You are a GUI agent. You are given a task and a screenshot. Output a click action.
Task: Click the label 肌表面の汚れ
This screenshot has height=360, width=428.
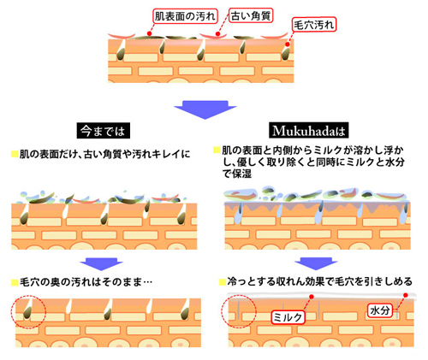click(185, 16)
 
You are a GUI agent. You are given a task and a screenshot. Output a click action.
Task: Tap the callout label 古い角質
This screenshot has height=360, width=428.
click(251, 15)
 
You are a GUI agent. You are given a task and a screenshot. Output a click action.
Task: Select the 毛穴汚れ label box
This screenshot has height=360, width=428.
click(313, 25)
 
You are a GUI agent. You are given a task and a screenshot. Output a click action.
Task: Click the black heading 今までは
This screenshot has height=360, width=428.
click(104, 131)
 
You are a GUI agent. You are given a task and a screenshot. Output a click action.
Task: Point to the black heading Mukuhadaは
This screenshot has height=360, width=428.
click(309, 131)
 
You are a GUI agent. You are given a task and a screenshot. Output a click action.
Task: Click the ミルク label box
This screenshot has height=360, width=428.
click(288, 317)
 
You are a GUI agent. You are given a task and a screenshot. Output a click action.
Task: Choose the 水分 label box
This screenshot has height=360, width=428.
click(380, 310)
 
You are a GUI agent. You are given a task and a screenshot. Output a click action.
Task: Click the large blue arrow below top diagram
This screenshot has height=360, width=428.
click(205, 109)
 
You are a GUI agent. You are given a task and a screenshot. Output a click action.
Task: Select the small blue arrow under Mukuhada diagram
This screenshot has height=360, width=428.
click(316, 263)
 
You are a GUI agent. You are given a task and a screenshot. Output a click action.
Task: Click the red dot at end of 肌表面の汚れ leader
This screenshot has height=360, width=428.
click(149, 33)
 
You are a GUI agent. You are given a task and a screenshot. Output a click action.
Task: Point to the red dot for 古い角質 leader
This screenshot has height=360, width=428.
click(217, 34)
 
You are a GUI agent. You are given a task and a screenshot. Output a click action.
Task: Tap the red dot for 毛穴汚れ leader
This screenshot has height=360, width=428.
click(288, 44)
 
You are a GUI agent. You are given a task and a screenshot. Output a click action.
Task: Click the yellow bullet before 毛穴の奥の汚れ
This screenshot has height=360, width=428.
click(15, 282)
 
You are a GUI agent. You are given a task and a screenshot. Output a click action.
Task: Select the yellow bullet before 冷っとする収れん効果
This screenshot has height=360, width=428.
click(223, 282)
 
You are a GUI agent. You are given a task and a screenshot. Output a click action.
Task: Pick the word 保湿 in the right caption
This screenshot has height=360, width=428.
click(241, 174)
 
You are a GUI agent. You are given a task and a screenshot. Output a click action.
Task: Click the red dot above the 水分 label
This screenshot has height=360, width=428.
click(406, 295)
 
